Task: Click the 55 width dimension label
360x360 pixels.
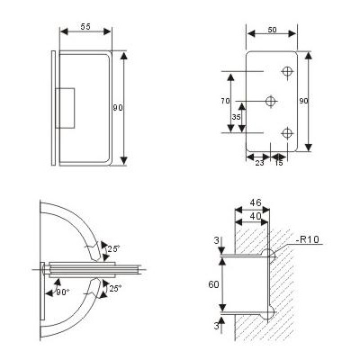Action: coord(85,27)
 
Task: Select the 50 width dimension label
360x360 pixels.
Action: coord(272,30)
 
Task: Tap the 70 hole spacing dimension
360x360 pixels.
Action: coord(225,101)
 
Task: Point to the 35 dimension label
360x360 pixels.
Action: coord(237,117)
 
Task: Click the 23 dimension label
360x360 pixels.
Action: coord(259,163)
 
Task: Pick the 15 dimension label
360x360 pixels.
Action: coord(279,163)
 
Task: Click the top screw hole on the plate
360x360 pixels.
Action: coord(287,72)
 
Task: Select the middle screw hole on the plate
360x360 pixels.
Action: coord(271,101)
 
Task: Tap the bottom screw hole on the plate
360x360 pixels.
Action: coord(287,132)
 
